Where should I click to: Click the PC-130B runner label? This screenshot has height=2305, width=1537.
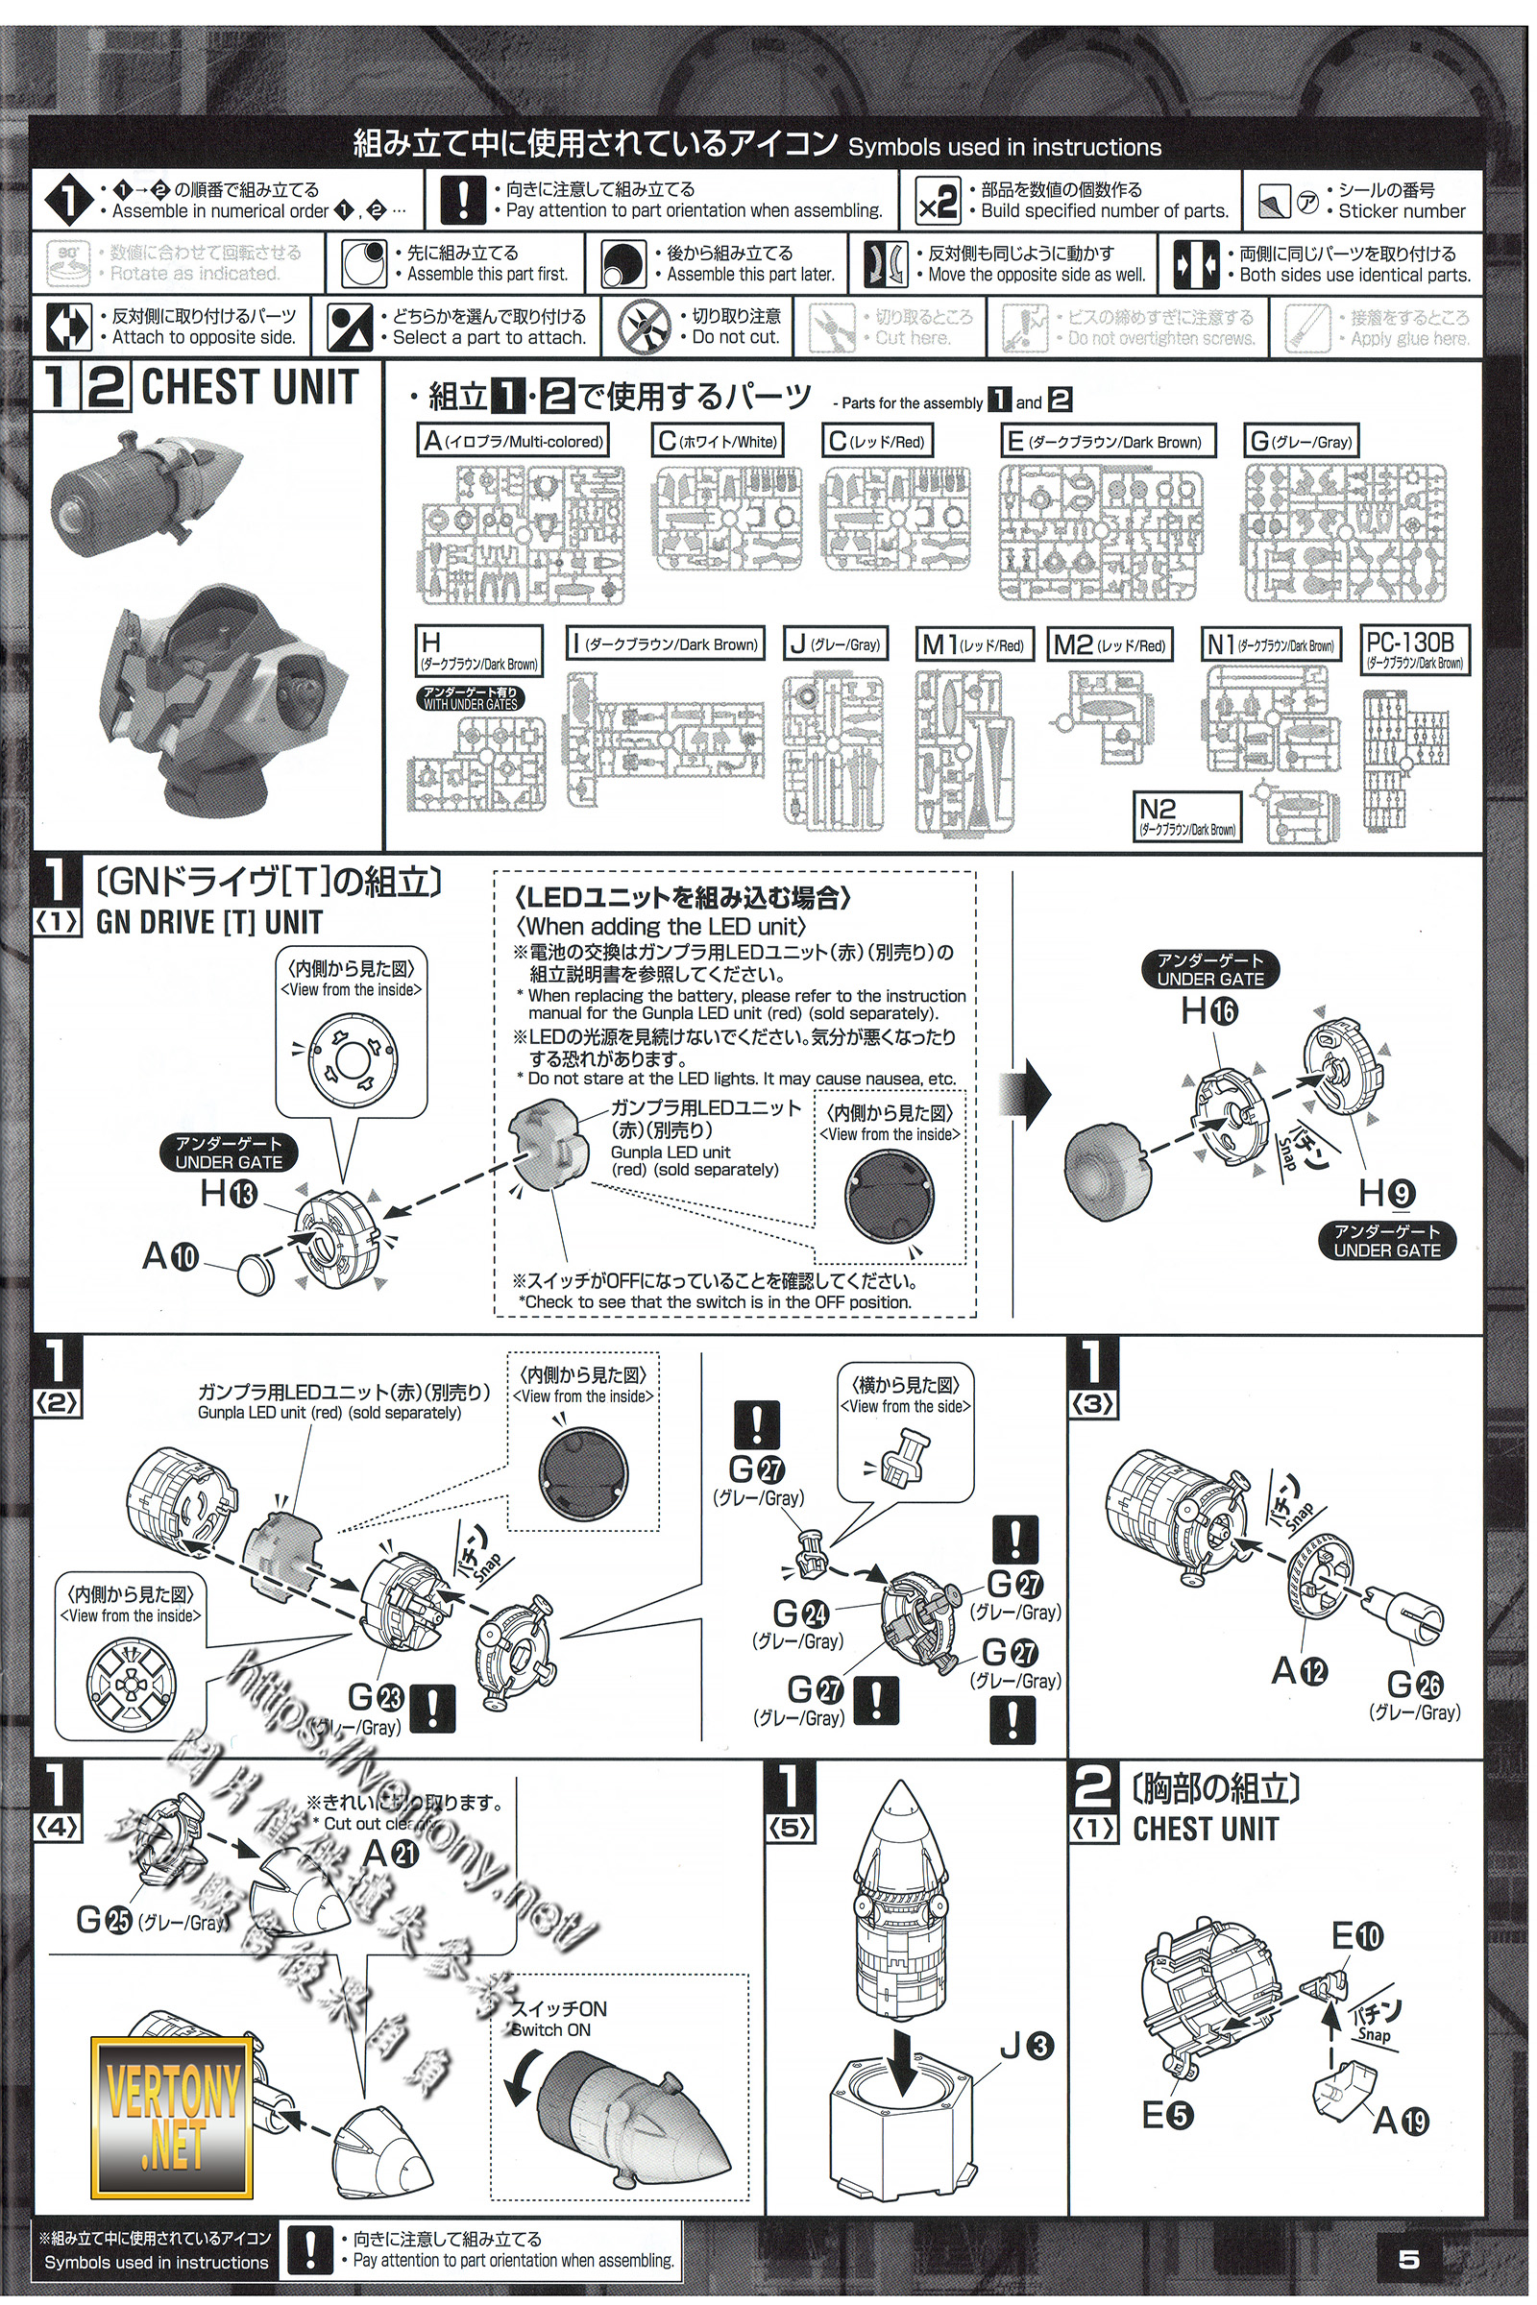click(1414, 649)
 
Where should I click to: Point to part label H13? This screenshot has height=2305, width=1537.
click(229, 1194)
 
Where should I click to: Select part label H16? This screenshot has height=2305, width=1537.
click(1209, 1010)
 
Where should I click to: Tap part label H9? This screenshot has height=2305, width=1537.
click(1386, 1193)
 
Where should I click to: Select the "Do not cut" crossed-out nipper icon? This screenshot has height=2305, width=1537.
click(645, 327)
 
